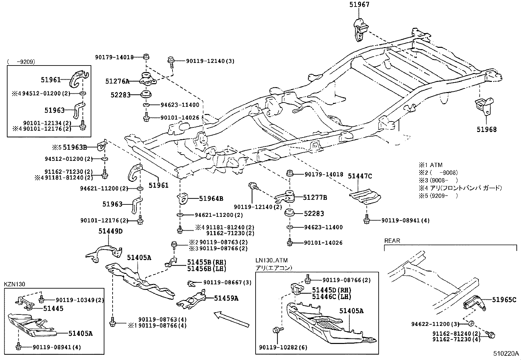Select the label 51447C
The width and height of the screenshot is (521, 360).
tap(360, 176)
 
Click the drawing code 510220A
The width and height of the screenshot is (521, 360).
tap(506, 354)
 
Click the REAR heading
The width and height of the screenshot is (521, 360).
tap(392, 241)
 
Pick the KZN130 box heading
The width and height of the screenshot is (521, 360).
tap(14, 284)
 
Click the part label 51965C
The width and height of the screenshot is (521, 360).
tap(504, 299)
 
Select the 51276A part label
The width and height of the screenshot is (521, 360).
tap(117, 81)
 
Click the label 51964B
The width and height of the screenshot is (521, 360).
tap(211, 199)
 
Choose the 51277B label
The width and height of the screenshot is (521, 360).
tap(315, 198)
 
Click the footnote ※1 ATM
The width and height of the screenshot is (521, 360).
tap(430, 165)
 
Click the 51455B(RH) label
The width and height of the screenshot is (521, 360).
tap(207, 262)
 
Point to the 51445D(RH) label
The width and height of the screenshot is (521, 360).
tap(331, 290)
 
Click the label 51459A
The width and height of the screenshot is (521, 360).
tap(226, 298)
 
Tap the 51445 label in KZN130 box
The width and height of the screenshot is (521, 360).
tap(53, 308)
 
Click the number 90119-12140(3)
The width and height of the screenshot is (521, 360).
tap(210, 61)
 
